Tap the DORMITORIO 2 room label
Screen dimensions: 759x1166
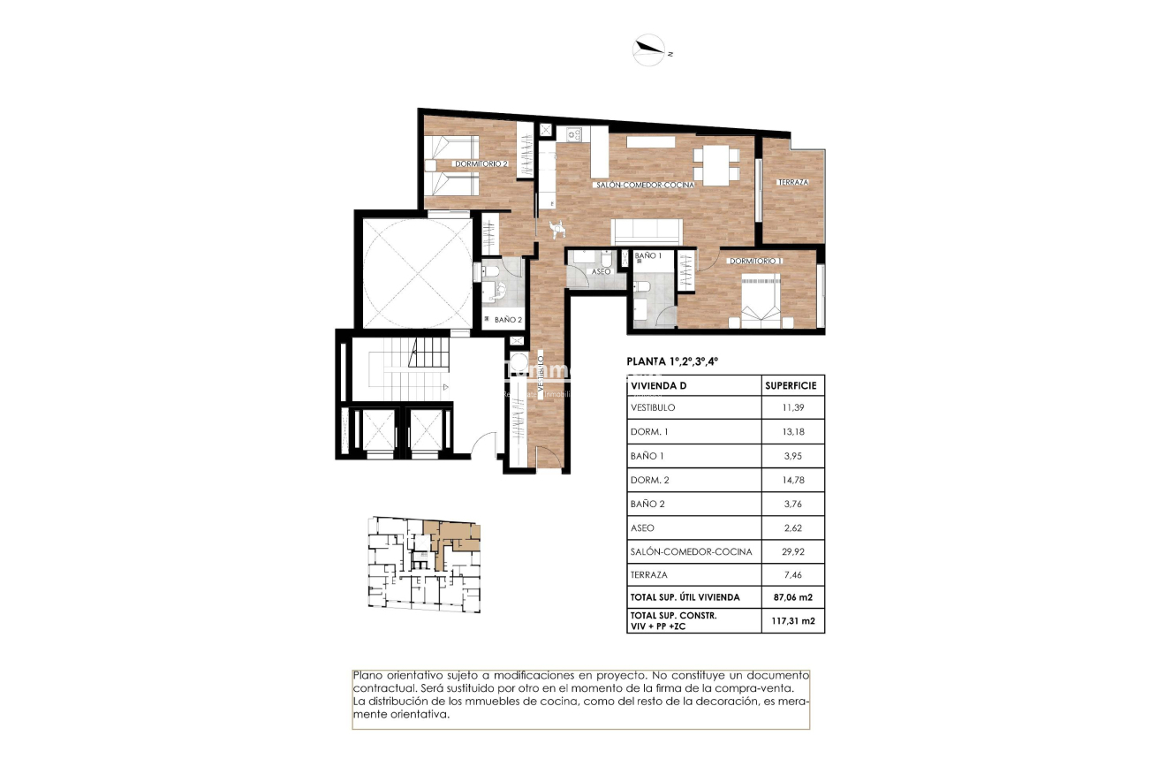[x=481, y=164]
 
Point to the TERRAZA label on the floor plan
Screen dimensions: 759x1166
[x=792, y=183]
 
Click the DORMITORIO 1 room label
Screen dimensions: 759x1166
[x=755, y=262]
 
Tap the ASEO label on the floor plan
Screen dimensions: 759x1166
[x=601, y=272]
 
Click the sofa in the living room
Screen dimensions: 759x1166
[x=647, y=231]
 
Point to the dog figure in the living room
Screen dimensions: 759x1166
[x=556, y=229]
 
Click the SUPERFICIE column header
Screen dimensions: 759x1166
[x=791, y=385]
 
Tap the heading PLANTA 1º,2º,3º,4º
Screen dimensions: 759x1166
[x=672, y=361]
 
